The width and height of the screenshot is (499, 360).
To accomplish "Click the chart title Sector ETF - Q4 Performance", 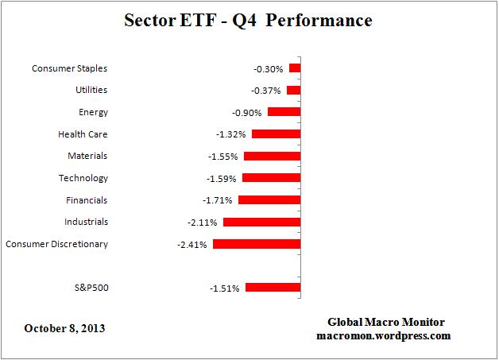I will click(248, 20).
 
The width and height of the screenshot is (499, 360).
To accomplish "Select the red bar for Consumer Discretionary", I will click(256, 244).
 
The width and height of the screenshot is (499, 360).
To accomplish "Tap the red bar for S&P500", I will click(273, 288).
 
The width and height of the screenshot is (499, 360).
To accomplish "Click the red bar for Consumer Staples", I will click(295, 68).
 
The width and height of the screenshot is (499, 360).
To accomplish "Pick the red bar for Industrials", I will click(261, 222).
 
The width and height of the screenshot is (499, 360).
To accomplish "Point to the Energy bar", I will click(284, 112).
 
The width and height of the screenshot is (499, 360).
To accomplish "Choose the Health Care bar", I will click(276, 134).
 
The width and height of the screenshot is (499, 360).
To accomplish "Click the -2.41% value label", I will click(191, 245).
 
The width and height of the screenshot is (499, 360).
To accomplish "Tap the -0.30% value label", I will click(269, 69).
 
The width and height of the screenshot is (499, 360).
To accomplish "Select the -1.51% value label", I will click(225, 288).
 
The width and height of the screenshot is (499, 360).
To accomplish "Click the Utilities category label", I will click(91, 91).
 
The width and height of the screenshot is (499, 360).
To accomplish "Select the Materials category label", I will click(87, 157).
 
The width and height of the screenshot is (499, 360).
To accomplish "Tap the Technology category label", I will click(83, 178).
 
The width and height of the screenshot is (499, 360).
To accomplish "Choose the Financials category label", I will click(86, 200).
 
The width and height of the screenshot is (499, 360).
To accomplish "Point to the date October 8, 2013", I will click(65, 327).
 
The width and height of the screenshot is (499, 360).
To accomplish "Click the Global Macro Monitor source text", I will click(386, 322).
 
